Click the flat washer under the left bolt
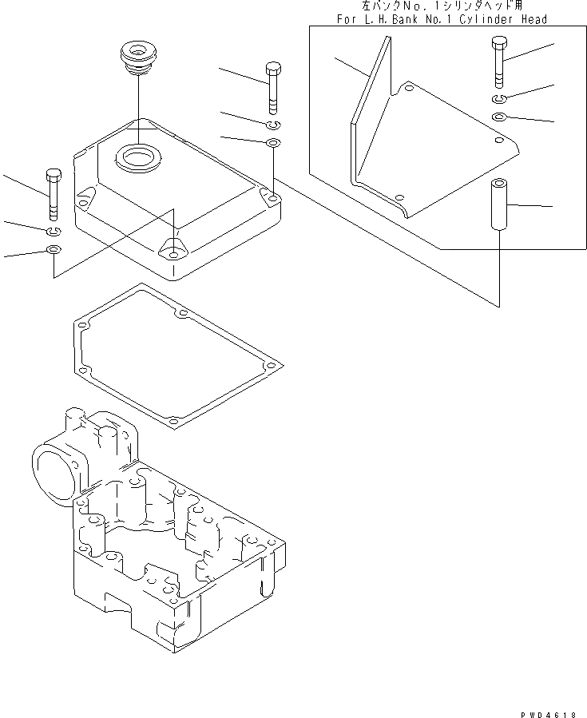(x=53, y=252)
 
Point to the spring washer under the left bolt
(x=53, y=232)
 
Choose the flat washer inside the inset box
(x=498, y=117)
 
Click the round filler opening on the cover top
(x=137, y=156)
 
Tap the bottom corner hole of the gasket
(x=173, y=419)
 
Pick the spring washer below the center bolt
(x=273, y=125)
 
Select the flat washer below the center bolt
(x=273, y=143)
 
